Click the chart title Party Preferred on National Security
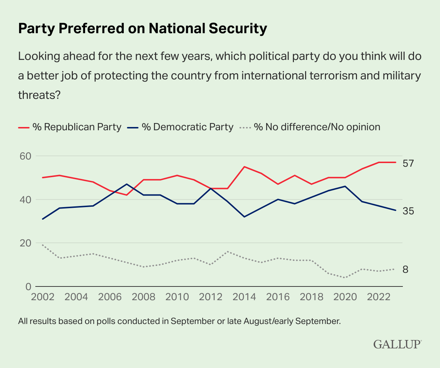click(142, 29)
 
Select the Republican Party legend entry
click(70, 127)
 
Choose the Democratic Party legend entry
click(180, 127)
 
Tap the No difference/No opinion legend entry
click(310, 127)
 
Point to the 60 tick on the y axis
click(25, 156)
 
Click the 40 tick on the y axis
click(25, 200)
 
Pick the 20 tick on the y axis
click(25, 243)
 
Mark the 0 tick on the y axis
click(28, 287)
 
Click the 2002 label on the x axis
click(43, 297)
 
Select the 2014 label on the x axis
click(244, 297)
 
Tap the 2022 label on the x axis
click(379, 297)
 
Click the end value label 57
click(408, 163)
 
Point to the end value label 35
click(408, 211)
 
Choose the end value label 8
click(405, 270)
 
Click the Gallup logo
click(397, 344)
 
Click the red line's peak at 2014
click(244, 167)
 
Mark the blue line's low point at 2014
click(244, 217)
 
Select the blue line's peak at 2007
click(127, 184)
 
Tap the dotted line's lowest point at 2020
click(345, 277)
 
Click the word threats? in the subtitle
click(39, 95)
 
